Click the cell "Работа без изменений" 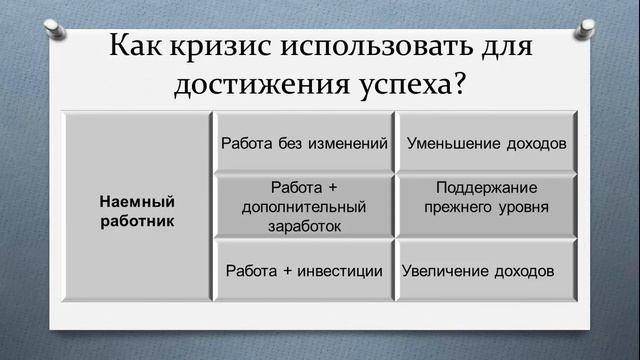[x=304, y=143]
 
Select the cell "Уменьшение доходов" [x=487, y=143]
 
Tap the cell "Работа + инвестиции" [x=304, y=271]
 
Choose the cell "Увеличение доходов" [x=478, y=271]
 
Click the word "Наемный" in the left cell [x=137, y=201]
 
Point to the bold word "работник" [x=137, y=220]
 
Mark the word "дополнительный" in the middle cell [x=304, y=207]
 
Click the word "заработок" [x=304, y=226]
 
